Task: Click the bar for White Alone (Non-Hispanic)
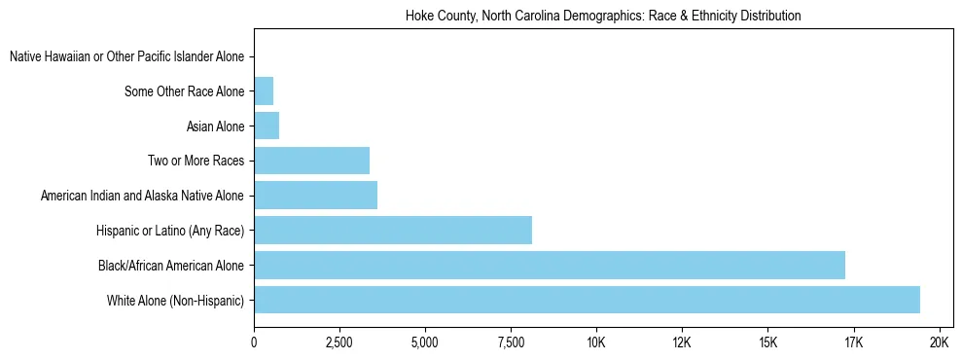pos(587,300)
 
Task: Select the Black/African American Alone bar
pos(550,265)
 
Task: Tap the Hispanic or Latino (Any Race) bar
pos(393,230)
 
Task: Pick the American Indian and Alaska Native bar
pos(315,196)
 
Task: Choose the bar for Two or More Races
pos(311,161)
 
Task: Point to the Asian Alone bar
pos(267,126)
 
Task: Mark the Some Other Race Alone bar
pos(264,92)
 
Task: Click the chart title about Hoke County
pos(602,17)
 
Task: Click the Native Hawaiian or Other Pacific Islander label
pos(126,57)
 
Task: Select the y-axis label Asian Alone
pos(215,126)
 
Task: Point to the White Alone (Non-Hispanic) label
pos(175,300)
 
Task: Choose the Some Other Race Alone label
pos(185,92)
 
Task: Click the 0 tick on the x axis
pos(254,343)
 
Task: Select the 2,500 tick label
pos(339,343)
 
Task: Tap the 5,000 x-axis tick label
pos(425,343)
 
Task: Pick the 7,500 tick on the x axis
pos(511,343)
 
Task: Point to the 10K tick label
pos(596,343)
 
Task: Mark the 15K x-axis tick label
pos(767,343)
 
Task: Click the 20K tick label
pos(939,343)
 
